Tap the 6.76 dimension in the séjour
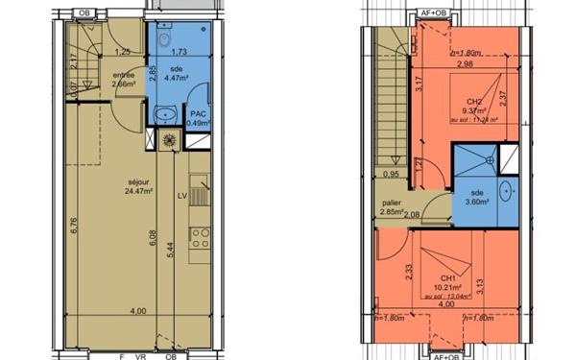(x=74, y=226)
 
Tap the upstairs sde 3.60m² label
(x=477, y=198)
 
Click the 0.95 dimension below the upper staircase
(x=391, y=175)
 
